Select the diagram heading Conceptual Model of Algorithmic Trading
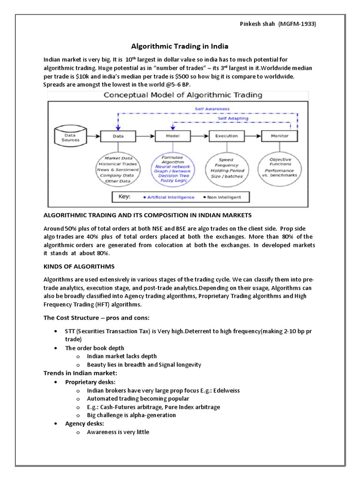(x=183, y=95)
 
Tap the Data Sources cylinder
(x=72, y=137)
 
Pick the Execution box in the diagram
(x=226, y=136)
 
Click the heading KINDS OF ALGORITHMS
(x=79, y=266)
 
